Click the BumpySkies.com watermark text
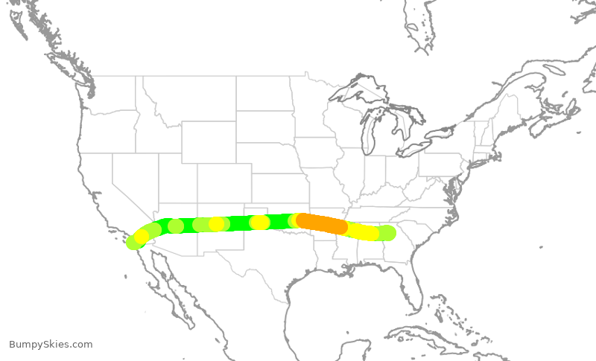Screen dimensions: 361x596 [x=51, y=344]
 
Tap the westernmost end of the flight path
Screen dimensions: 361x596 [x=134, y=242]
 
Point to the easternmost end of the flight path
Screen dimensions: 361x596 [x=387, y=233]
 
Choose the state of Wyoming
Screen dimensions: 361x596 [x=209, y=141]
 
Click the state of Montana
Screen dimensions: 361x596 [x=190, y=97]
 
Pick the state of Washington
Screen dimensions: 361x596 [x=108, y=93]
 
